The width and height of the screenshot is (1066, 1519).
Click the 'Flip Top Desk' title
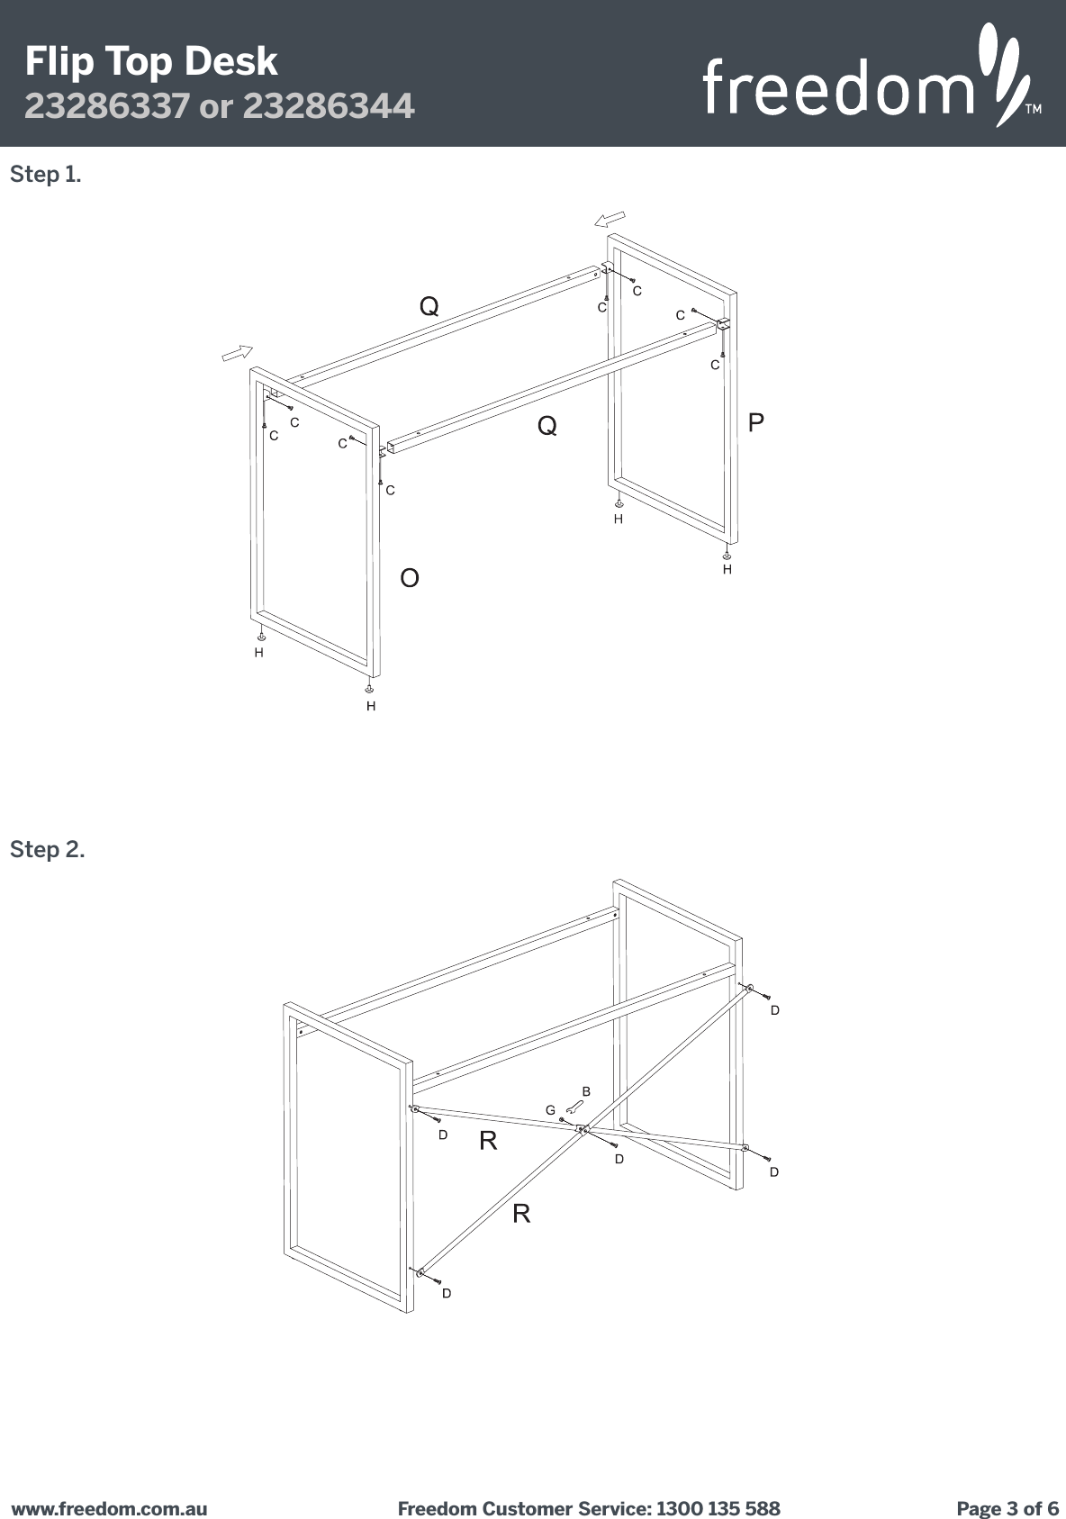coord(151,61)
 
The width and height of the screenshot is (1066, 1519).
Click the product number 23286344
coord(330,106)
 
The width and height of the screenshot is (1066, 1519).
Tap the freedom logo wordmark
coord(837,88)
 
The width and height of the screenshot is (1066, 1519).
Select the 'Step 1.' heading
coord(45,174)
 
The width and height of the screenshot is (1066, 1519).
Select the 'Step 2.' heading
coord(47,849)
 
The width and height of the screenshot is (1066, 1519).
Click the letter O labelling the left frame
coord(410,578)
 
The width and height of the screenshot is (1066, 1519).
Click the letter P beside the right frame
coord(756,422)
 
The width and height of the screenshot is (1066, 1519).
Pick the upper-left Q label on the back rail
coord(430,306)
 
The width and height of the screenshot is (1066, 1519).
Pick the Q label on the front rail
coord(547,425)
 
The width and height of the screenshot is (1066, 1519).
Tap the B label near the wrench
coord(586,1091)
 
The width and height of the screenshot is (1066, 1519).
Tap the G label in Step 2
coord(551,1111)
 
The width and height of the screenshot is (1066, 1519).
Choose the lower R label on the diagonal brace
coord(521,1214)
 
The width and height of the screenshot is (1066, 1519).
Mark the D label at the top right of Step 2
coord(774,1010)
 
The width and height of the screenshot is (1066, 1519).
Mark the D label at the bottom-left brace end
coord(446,1293)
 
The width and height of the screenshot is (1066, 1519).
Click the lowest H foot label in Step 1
coord(370,707)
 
